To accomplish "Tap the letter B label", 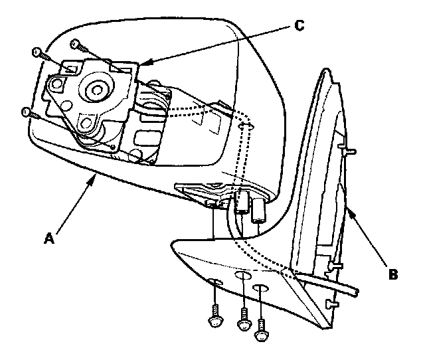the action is pos(394,273).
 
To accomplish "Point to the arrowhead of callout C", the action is pos(141,64).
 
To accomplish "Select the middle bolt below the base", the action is pos(244,323).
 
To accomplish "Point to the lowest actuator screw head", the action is pos(26,112).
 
